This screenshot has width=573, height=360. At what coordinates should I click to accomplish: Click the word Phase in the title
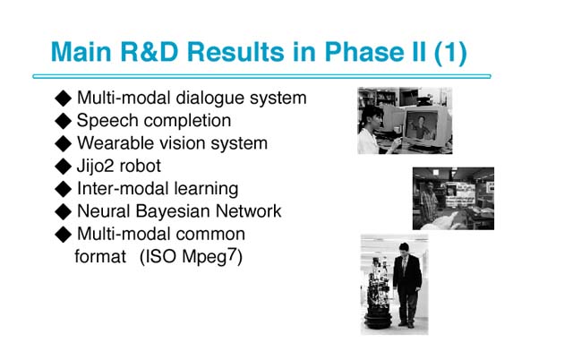364,52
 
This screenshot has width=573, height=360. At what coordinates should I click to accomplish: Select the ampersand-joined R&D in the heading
149,52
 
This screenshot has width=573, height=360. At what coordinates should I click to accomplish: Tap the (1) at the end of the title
450,54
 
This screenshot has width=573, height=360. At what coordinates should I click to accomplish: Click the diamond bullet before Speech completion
64,121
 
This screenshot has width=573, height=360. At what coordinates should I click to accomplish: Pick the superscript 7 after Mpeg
232,254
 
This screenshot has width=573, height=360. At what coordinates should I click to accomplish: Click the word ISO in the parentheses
160,257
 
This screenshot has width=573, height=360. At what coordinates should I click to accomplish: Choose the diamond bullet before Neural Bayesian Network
64,211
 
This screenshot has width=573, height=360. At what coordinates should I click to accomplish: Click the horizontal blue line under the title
261,76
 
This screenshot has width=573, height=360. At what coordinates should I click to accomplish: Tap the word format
100,257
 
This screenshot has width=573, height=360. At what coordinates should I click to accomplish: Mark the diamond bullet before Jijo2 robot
64,167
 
